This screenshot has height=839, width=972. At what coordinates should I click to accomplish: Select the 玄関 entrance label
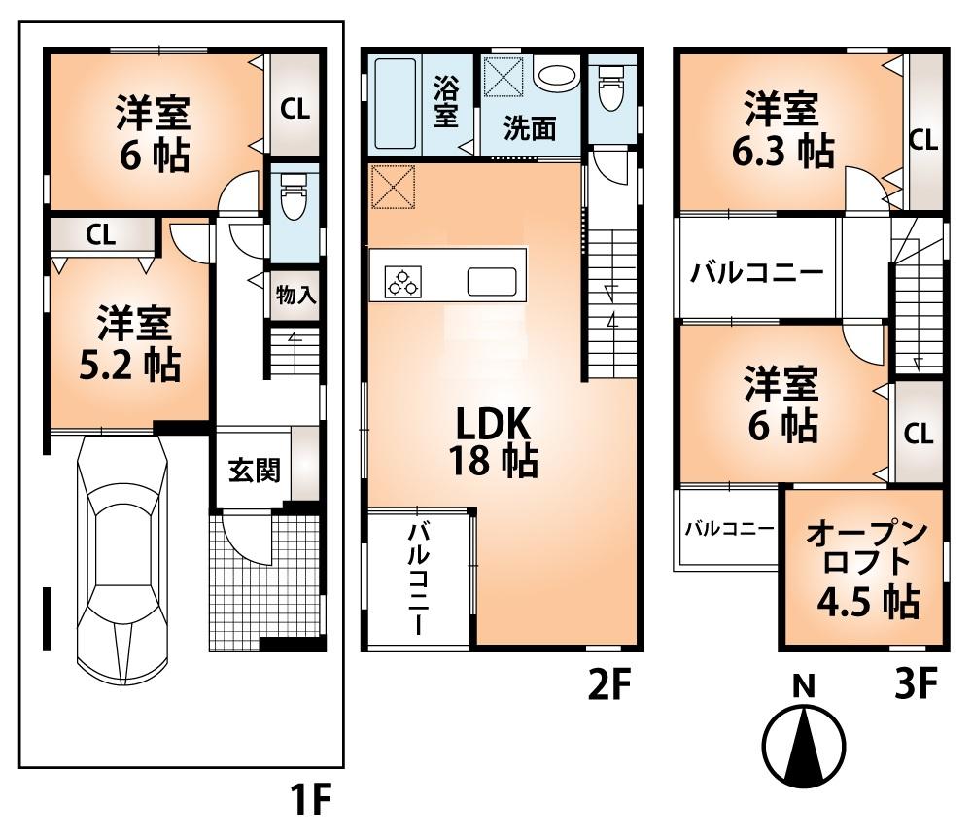255,471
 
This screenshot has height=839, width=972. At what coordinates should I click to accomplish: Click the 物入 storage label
296,296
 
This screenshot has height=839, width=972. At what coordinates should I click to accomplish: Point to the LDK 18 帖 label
492,441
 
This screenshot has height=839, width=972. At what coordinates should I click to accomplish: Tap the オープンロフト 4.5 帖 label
863,569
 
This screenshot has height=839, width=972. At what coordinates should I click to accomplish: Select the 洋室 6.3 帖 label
781,130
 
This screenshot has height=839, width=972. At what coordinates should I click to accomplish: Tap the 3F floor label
914,686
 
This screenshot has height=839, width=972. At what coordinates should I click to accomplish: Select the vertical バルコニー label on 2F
420,577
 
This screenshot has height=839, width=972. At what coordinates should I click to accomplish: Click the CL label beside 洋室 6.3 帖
922,140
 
